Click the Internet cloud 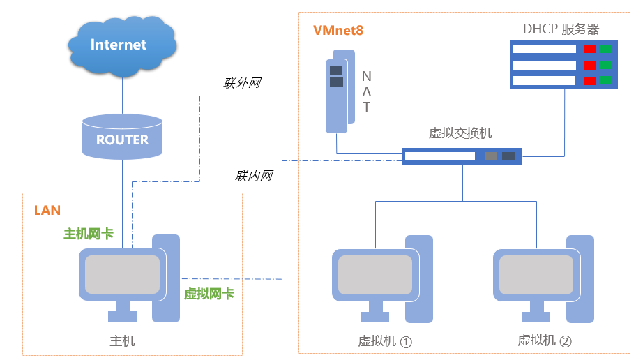(122, 46)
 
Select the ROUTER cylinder (122, 137)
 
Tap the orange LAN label (47, 210)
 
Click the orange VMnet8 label (338, 31)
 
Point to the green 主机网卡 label (89, 234)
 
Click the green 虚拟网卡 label (209, 294)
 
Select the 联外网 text (242, 83)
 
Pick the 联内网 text (254, 176)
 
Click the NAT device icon (340, 91)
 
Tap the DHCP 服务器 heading (561, 29)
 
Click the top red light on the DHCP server (590, 49)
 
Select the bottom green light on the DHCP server (605, 80)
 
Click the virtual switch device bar (462, 156)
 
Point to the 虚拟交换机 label (460, 133)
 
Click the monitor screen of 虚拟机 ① (375, 275)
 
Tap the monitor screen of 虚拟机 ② (536, 275)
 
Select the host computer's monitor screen (122, 274)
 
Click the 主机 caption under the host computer (122, 341)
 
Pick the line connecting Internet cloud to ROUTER (123, 96)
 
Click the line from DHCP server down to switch (564, 122)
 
